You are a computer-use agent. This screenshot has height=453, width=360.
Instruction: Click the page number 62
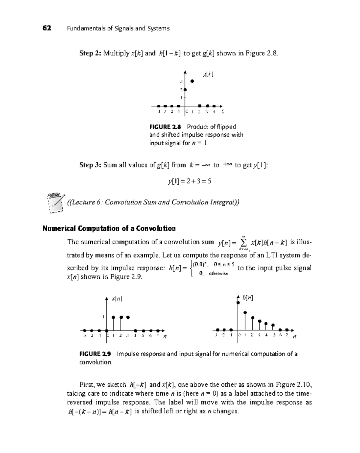click(x=47, y=29)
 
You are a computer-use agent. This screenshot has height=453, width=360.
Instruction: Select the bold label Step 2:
click(x=90, y=53)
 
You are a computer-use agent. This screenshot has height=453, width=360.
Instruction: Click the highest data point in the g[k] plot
click(x=192, y=81)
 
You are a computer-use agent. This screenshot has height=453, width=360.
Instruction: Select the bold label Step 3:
click(x=90, y=165)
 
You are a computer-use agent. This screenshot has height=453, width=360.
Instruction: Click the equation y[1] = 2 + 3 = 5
click(x=189, y=181)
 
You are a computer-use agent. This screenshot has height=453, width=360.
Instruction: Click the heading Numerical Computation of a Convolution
click(x=109, y=228)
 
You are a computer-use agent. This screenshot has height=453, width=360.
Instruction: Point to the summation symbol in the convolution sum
click(x=243, y=243)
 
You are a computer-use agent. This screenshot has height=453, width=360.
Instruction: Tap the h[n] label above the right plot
click(x=248, y=298)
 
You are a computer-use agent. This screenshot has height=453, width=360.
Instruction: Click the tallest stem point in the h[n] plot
click(x=238, y=303)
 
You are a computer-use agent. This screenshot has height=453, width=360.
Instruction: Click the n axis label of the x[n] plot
click(x=164, y=337)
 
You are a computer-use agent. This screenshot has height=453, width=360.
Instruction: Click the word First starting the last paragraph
click(x=86, y=385)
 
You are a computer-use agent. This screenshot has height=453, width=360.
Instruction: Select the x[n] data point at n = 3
click(x=128, y=317)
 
